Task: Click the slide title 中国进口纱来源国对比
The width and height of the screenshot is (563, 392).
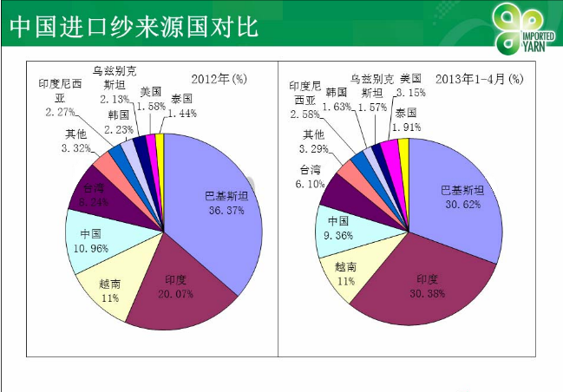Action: pos(134,26)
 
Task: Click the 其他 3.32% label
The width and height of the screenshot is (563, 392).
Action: pos(75,141)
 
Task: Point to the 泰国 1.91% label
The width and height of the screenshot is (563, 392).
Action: pos(408,120)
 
